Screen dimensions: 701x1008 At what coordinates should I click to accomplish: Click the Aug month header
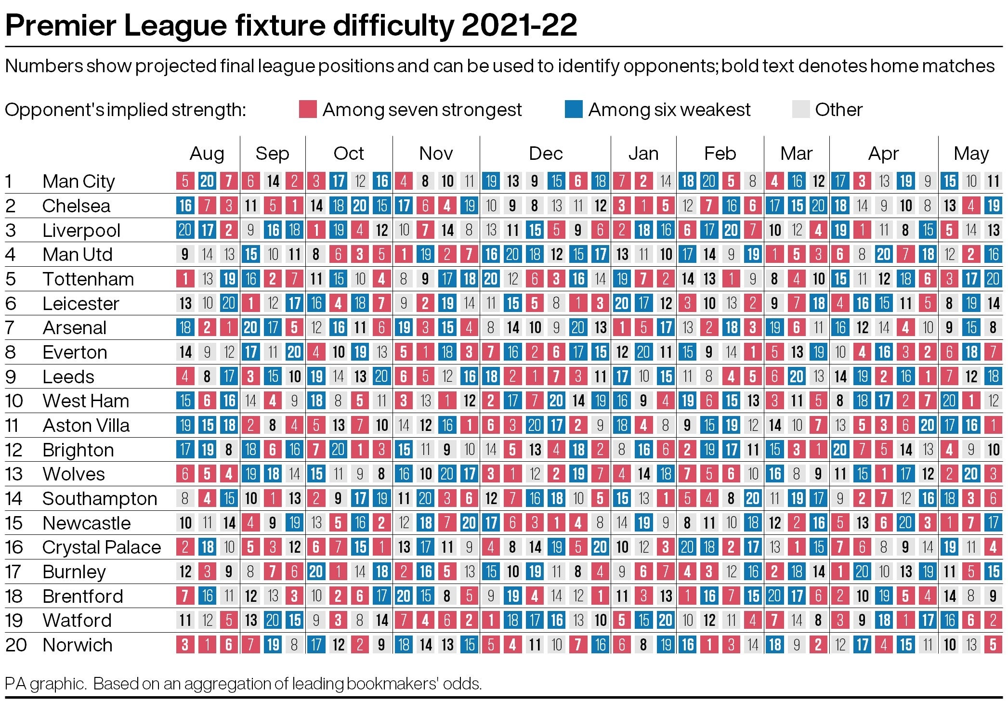[207, 154]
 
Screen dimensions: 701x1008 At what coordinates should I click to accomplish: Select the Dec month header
[545, 154]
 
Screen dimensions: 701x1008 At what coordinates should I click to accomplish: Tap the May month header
[971, 154]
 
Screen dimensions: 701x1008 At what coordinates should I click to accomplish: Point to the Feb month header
[720, 154]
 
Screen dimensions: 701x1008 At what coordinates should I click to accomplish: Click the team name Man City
[79, 182]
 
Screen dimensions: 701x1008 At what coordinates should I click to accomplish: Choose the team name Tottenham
[88, 279]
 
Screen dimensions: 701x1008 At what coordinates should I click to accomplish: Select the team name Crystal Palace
[102, 547]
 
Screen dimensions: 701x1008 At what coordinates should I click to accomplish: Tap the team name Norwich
[78, 645]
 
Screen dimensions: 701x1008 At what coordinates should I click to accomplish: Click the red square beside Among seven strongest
[308, 109]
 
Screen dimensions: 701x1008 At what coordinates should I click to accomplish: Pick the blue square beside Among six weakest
[574, 109]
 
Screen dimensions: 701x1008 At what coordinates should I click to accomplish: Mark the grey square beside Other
[800, 109]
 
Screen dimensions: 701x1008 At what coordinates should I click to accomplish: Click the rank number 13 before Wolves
[14, 474]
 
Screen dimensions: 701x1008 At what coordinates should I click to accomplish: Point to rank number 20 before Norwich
[15, 645]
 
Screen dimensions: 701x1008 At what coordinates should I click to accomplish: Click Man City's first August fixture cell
[185, 182]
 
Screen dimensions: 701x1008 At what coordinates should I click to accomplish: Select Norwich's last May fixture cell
[993, 645]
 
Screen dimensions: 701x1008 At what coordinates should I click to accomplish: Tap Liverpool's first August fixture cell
[185, 230]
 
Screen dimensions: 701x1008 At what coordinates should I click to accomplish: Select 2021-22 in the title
[519, 26]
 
